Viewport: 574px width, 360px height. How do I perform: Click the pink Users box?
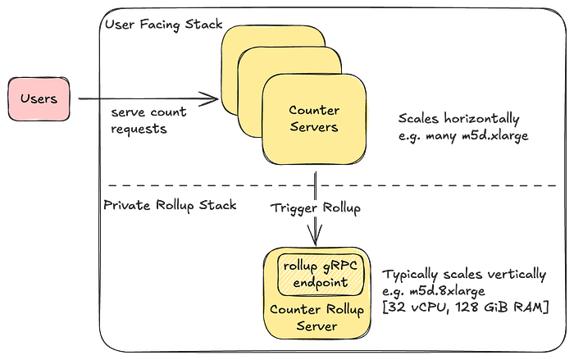click(39, 99)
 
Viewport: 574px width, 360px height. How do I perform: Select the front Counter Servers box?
click(314, 119)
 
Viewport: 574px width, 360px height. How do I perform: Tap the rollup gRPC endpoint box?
click(321, 275)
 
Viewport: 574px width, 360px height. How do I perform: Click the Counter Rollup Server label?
click(317, 317)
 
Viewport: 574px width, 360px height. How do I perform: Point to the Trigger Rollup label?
click(316, 208)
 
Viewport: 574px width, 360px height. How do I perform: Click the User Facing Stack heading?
click(164, 25)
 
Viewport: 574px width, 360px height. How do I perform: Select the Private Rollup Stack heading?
click(170, 205)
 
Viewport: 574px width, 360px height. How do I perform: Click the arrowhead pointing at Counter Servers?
click(212, 98)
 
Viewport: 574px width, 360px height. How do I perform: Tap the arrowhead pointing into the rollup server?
click(315, 236)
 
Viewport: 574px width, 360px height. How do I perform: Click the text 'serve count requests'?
click(148, 121)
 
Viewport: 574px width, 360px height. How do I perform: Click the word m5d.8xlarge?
click(447, 291)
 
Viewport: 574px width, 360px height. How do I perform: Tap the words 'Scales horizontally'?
click(458, 119)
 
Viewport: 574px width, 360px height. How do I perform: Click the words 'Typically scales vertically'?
click(464, 275)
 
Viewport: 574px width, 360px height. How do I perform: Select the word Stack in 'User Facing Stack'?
click(204, 24)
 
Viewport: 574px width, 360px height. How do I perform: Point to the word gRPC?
click(340, 266)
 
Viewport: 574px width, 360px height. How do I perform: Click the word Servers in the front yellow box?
click(314, 127)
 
